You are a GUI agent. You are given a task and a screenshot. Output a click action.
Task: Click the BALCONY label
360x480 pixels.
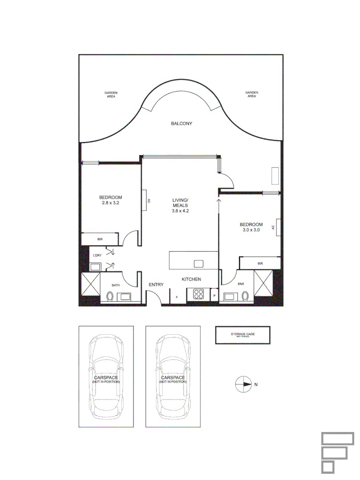181,124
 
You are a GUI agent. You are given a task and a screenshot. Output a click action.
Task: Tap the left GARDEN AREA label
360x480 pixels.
111,94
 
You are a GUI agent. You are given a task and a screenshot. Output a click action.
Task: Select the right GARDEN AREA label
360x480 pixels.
252,94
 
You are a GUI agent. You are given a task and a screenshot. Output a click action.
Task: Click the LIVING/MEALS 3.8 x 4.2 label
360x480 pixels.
180,205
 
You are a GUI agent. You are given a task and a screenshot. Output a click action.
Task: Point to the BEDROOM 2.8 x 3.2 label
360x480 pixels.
110,200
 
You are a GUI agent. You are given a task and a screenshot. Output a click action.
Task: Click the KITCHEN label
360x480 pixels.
191,279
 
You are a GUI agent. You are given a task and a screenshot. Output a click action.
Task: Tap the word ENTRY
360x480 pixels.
156,285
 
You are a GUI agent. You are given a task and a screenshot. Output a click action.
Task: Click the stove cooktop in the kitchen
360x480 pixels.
198,294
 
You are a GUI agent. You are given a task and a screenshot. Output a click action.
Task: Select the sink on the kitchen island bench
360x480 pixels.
198,264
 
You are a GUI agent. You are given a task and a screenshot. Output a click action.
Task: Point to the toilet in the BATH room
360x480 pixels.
110,296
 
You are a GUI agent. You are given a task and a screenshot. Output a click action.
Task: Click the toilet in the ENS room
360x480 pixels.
245,296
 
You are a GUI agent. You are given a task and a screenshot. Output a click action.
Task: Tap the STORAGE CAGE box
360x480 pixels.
243,335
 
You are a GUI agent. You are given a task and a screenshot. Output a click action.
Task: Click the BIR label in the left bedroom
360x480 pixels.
100,239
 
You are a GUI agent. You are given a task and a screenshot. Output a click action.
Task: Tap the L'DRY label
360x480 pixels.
96,256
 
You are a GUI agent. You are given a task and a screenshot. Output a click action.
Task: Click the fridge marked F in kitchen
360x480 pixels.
177,296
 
